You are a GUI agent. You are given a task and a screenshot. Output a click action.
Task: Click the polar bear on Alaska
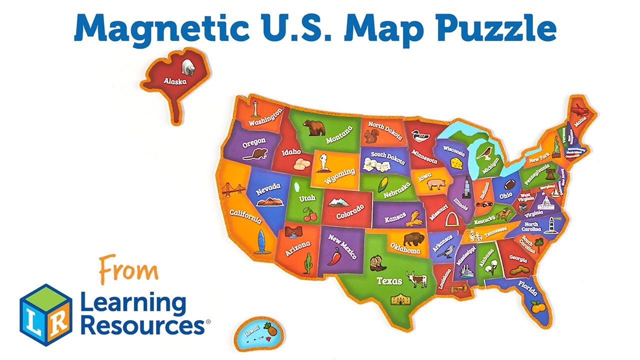188,67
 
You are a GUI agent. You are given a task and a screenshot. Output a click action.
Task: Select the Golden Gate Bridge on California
233,189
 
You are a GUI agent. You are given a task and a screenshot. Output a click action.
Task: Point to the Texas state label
389,280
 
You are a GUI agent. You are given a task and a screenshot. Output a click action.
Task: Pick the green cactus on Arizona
308,262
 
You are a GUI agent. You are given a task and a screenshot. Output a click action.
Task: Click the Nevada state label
268,189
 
